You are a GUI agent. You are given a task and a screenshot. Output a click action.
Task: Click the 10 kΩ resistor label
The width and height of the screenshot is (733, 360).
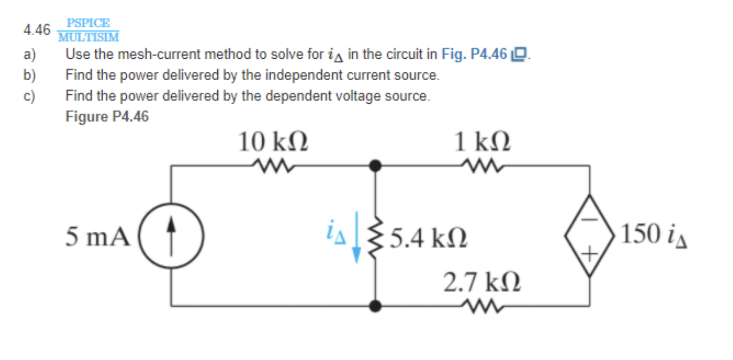click(x=273, y=143)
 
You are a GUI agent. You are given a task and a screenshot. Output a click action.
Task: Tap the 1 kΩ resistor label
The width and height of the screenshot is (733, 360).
click(x=482, y=143)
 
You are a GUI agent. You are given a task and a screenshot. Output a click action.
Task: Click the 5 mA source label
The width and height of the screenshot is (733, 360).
click(x=98, y=237)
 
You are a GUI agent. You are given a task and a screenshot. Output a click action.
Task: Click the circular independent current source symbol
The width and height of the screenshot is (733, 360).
click(x=171, y=237)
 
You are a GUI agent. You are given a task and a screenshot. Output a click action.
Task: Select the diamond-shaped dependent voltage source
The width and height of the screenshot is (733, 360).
click(x=589, y=236)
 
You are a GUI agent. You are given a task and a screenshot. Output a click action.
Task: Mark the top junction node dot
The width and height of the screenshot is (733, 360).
click(x=375, y=166)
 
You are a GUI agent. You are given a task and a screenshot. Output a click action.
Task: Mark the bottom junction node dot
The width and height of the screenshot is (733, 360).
click(x=375, y=306)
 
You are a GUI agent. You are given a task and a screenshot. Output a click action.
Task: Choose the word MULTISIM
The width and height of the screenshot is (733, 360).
click(x=89, y=37)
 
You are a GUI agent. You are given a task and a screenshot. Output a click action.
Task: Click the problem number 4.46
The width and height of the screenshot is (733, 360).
click(x=37, y=30)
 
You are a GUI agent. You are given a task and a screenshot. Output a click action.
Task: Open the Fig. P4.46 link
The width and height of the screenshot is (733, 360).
click(x=474, y=54)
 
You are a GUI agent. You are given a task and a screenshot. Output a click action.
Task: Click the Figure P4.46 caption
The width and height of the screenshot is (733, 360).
click(x=107, y=116)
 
